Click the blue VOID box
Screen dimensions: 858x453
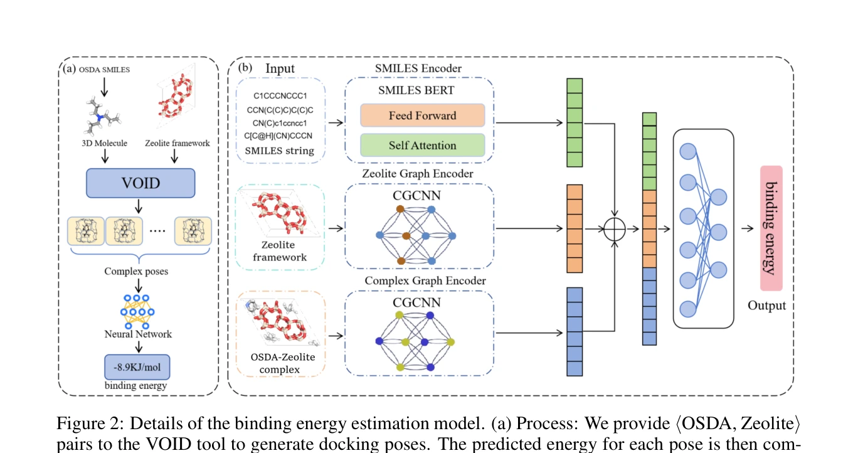point(140,183)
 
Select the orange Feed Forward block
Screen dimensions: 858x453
point(423,115)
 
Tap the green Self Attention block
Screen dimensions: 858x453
point(423,146)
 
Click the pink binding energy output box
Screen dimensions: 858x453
point(771,228)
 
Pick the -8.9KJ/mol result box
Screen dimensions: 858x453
point(137,367)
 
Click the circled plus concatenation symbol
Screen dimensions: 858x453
point(615,229)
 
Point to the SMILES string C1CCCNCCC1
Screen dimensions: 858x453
point(280,95)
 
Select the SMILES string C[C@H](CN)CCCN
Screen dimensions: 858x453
point(278,136)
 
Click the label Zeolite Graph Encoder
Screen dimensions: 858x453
point(418,174)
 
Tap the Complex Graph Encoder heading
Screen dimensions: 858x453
point(425,280)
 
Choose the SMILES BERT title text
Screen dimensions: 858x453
point(416,90)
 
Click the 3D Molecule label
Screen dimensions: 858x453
point(104,143)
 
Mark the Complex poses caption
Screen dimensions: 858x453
point(136,271)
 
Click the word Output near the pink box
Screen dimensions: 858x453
point(766,306)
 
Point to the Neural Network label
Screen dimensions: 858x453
point(138,334)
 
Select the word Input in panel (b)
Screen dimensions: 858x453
point(280,68)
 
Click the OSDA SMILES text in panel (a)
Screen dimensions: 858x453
point(104,70)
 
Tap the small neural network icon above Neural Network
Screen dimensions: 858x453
point(137,312)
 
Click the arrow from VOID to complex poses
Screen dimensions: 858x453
point(139,206)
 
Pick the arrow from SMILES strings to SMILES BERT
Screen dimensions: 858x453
point(336,122)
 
